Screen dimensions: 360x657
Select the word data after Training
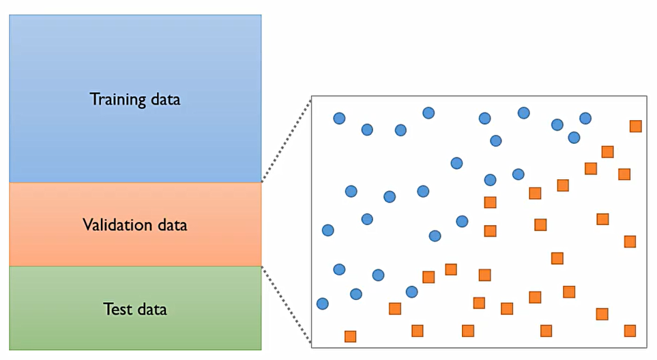165,99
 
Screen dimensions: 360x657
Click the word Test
117,309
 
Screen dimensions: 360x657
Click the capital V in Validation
87,224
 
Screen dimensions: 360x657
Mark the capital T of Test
107,309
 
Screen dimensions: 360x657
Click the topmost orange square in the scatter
635,126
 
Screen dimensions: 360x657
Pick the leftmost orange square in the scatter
350,336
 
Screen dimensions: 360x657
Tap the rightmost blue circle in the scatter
585,119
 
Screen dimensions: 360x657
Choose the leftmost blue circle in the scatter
323,303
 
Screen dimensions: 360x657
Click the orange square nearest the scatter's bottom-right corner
630,331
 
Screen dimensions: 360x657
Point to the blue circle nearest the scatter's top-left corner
339,119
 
